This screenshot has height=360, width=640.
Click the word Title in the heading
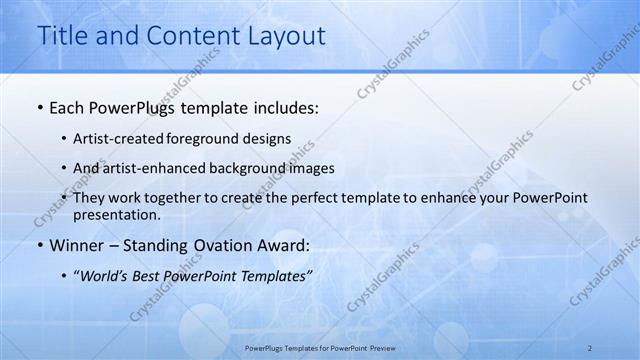(x=60, y=36)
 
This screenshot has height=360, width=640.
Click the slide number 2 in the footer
(x=590, y=347)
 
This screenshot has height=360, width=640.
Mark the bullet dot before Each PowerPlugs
(x=39, y=106)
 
